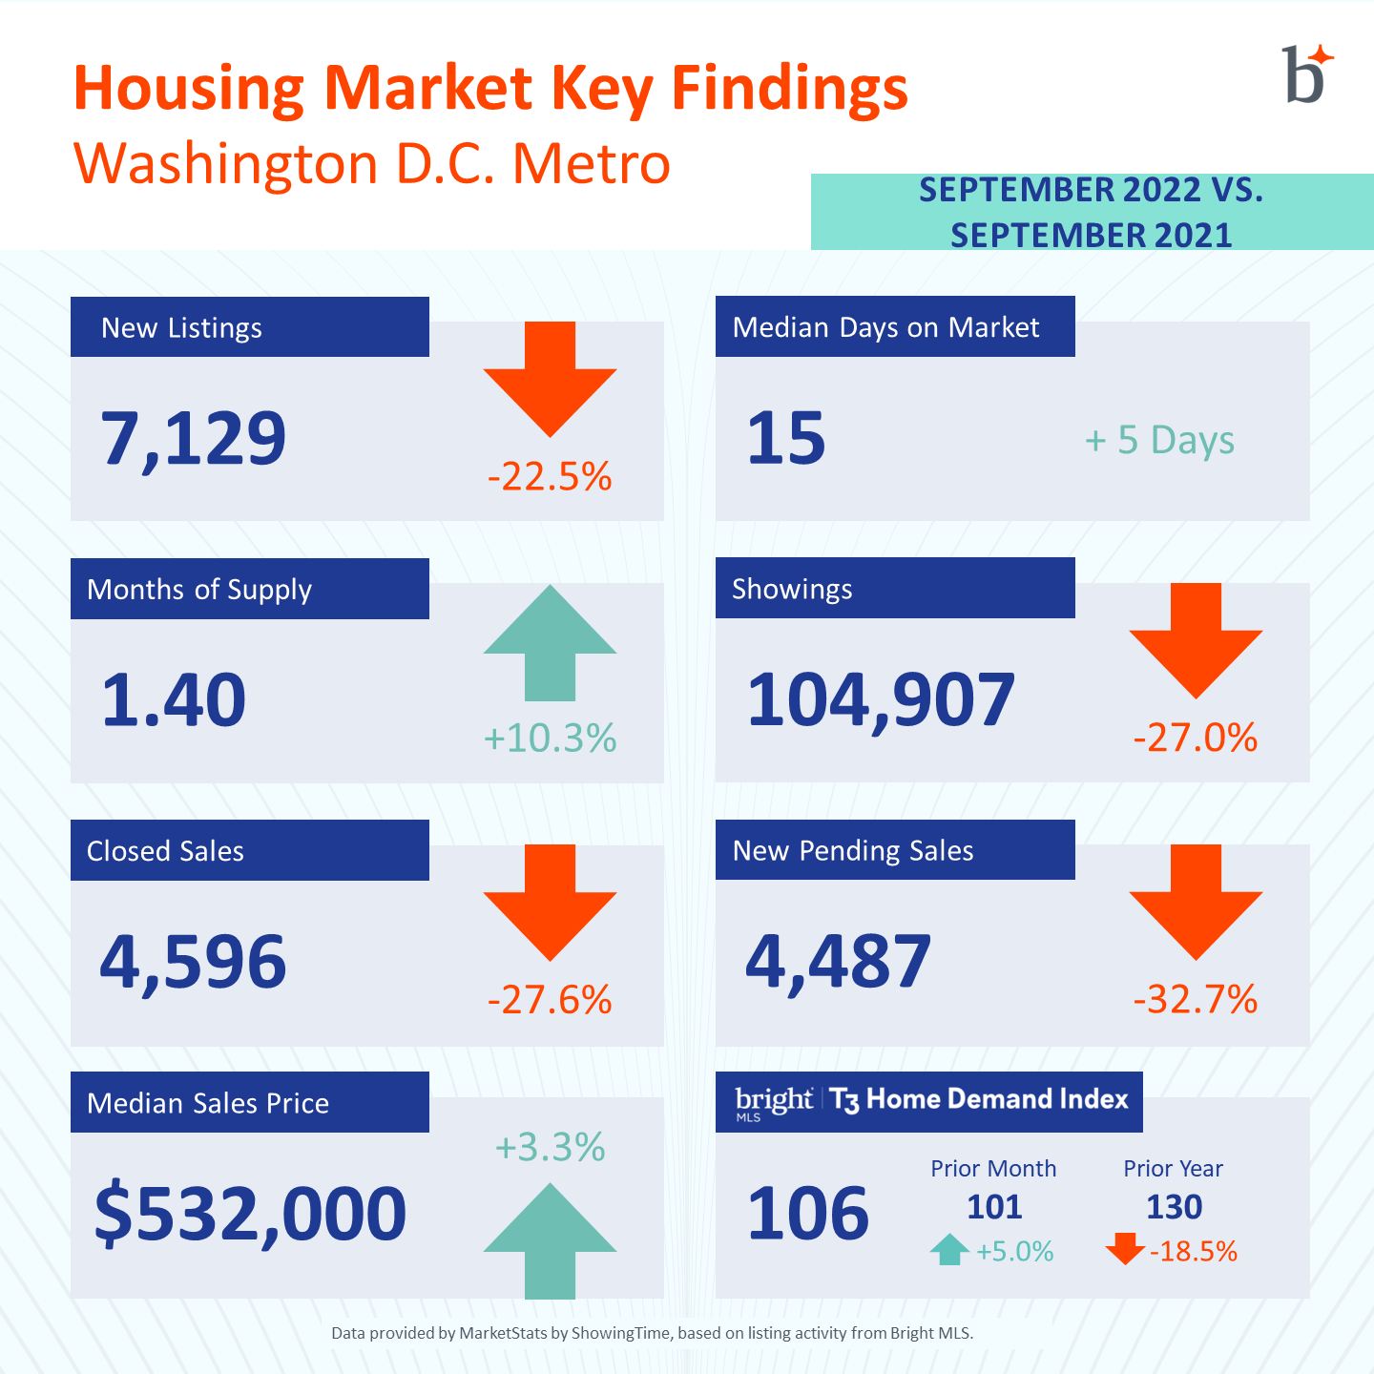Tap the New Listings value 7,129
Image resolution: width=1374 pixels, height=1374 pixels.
pyautogui.click(x=194, y=439)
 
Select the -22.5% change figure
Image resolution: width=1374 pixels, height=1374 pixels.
pyautogui.click(x=550, y=475)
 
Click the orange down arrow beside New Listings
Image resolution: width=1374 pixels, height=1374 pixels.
pyautogui.click(x=550, y=379)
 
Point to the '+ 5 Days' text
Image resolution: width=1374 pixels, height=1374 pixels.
pyautogui.click(x=1159, y=440)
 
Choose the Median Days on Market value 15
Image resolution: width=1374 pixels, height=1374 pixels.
pyautogui.click(x=785, y=438)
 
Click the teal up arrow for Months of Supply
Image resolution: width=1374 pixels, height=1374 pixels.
pyautogui.click(x=550, y=643)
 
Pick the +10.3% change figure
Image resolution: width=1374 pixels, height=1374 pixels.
pyautogui.click(x=550, y=738)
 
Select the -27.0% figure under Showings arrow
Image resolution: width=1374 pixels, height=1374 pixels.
pyautogui.click(x=1196, y=737)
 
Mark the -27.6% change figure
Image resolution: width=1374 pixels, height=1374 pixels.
pyautogui.click(x=550, y=999)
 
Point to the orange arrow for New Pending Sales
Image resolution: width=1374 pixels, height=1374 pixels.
pyautogui.click(x=1196, y=902)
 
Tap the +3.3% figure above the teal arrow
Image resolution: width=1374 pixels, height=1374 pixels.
pyautogui.click(x=550, y=1147)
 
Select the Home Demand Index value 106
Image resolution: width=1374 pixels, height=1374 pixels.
pyautogui.click(x=808, y=1213)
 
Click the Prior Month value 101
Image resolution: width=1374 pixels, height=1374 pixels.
pyautogui.click(x=994, y=1207)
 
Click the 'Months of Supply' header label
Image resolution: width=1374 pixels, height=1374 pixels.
pyautogui.click(x=198, y=590)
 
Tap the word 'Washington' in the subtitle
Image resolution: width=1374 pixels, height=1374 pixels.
pyautogui.click(x=226, y=165)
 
